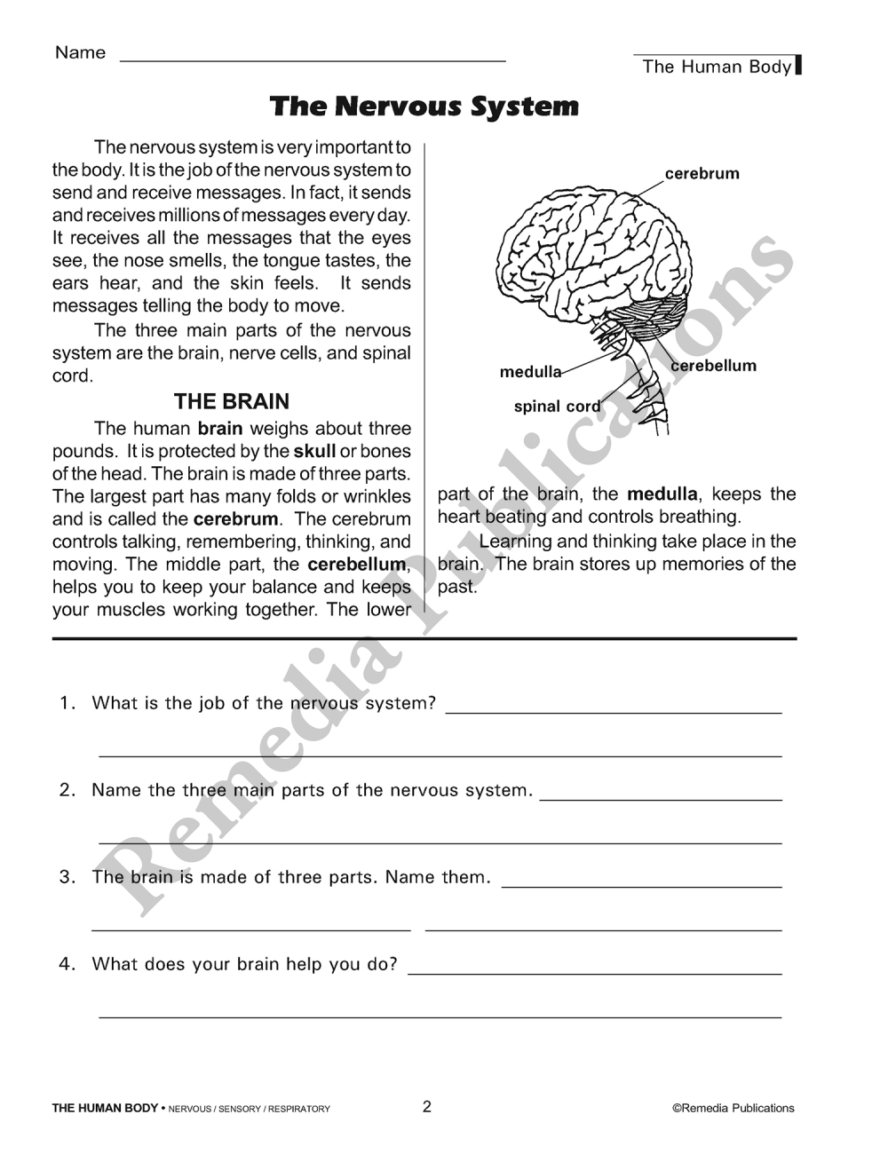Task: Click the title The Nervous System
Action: [424, 107]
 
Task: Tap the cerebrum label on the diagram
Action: [702, 173]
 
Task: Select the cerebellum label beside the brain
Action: [714, 366]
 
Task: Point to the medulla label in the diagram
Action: [530, 372]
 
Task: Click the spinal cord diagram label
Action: [557, 407]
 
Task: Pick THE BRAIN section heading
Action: [232, 401]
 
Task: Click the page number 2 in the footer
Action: [426, 1106]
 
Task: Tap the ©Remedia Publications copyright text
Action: [733, 1108]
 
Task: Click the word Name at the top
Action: [80, 52]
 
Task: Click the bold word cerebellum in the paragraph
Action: [356, 564]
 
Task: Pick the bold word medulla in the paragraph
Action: [662, 494]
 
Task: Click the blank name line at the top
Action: [312, 59]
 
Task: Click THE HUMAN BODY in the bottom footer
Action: [105, 1108]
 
